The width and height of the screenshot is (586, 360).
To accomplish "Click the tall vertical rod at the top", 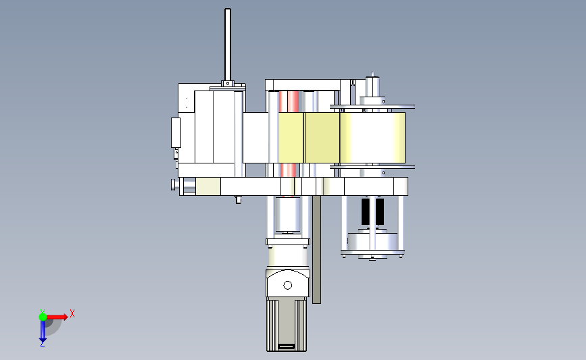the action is (228, 45).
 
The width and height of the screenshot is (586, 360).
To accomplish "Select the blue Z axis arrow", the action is (43, 331).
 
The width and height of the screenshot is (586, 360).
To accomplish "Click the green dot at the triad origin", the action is (43, 317).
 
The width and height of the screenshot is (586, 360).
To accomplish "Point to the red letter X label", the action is (72, 313).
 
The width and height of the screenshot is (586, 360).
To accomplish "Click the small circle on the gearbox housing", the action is (288, 285).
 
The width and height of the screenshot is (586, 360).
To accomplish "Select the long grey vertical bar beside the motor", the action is (316, 249).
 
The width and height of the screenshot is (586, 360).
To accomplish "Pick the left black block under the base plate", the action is (366, 211).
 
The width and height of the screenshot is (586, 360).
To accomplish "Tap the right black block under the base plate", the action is (380, 211).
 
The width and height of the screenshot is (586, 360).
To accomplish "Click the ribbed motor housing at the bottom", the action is (287, 324).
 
